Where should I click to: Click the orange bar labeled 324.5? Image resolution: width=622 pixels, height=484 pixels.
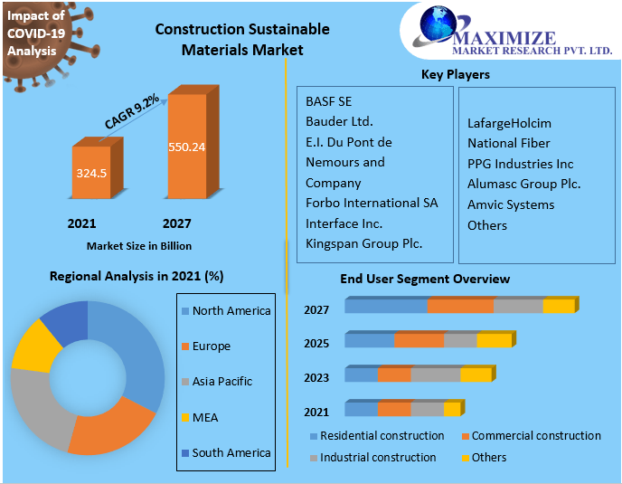90,172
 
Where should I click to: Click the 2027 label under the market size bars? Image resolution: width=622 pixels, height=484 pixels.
176,223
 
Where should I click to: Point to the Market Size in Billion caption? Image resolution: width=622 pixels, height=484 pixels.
139,245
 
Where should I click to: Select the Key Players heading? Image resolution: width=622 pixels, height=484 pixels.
455,74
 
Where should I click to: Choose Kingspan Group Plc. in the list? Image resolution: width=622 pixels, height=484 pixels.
363,242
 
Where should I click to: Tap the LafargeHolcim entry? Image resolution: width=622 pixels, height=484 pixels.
509,123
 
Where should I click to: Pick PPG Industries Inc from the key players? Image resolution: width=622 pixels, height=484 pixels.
520,164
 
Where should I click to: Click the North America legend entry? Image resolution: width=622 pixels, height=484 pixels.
231,310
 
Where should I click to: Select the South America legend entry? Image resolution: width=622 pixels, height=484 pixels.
231,452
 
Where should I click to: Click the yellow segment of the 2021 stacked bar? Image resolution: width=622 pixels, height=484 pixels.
452,409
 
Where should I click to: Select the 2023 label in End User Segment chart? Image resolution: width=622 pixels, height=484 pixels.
316,378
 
